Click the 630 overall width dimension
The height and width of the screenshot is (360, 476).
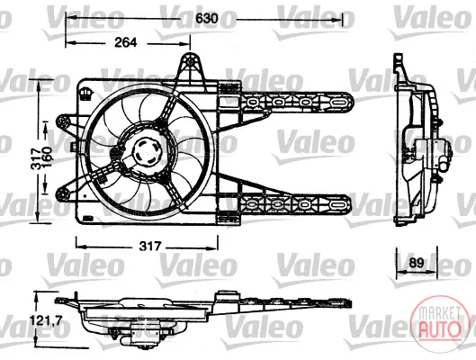click(206, 18)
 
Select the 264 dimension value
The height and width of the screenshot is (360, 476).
click(126, 42)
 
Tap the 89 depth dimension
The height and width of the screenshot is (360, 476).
click(416, 263)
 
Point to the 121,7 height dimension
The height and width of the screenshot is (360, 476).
click(47, 319)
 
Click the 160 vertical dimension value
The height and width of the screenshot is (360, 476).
click(48, 157)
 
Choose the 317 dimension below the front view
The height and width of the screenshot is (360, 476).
click(150, 246)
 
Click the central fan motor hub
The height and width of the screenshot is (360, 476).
click(148, 152)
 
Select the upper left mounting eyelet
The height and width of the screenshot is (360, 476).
click(64, 122)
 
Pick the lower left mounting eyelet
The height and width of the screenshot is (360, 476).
click(64, 193)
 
